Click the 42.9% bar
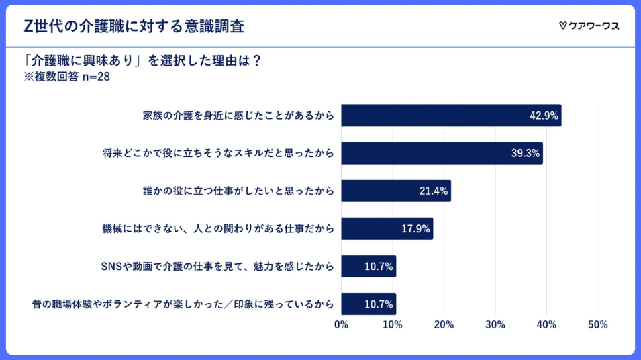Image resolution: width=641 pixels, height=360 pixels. coord(451,116)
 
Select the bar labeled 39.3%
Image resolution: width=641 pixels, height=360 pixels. coord(442,153)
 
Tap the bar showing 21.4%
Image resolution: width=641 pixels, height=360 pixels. coord(396,191)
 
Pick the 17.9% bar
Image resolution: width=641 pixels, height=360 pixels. coord(387,228)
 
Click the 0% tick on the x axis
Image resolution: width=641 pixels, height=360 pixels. coord(341,324)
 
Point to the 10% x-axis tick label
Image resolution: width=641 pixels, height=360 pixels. coord(393,324)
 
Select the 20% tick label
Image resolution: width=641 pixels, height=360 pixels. coord(444,324)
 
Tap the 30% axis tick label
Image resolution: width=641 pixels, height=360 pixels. coord(495,324)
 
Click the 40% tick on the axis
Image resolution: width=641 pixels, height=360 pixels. coord(546,324)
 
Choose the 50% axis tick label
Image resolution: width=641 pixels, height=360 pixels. coord(597,324)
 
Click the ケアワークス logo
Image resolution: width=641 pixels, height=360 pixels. coord(589,26)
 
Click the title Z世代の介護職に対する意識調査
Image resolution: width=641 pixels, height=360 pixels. coord(134,26)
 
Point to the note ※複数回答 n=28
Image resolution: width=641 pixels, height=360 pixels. coord(66,77)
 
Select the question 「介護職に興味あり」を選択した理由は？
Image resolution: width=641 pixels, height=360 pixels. coord(142,60)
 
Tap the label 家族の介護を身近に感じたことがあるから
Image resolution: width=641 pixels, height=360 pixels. coord(238,116)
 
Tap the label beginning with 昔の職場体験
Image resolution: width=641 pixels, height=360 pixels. coord(183,304)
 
